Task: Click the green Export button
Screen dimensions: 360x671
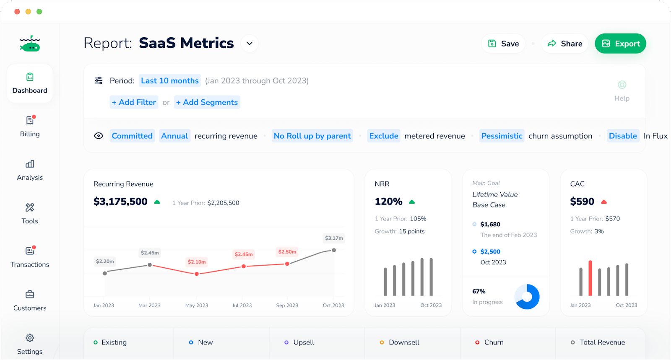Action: tap(620, 44)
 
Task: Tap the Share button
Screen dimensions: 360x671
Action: tap(564, 44)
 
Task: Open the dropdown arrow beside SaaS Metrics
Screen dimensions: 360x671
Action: tap(250, 44)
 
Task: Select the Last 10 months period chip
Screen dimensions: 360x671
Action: tap(170, 80)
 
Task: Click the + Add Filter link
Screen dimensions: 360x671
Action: tap(134, 102)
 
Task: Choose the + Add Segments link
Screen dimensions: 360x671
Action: tap(207, 102)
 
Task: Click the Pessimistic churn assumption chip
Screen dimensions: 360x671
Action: tap(502, 136)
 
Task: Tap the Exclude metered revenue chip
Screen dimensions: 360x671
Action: tap(383, 136)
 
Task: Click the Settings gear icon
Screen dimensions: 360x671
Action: tap(30, 338)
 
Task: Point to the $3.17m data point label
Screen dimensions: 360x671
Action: tap(334, 238)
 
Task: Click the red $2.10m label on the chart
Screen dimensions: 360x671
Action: tap(197, 262)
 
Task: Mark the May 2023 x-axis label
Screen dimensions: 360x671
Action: tap(197, 306)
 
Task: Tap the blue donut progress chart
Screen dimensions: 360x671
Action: tap(527, 297)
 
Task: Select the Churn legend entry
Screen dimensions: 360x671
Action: tap(489, 342)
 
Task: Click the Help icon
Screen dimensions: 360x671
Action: tap(622, 85)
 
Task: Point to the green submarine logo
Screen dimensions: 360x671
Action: tap(30, 44)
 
